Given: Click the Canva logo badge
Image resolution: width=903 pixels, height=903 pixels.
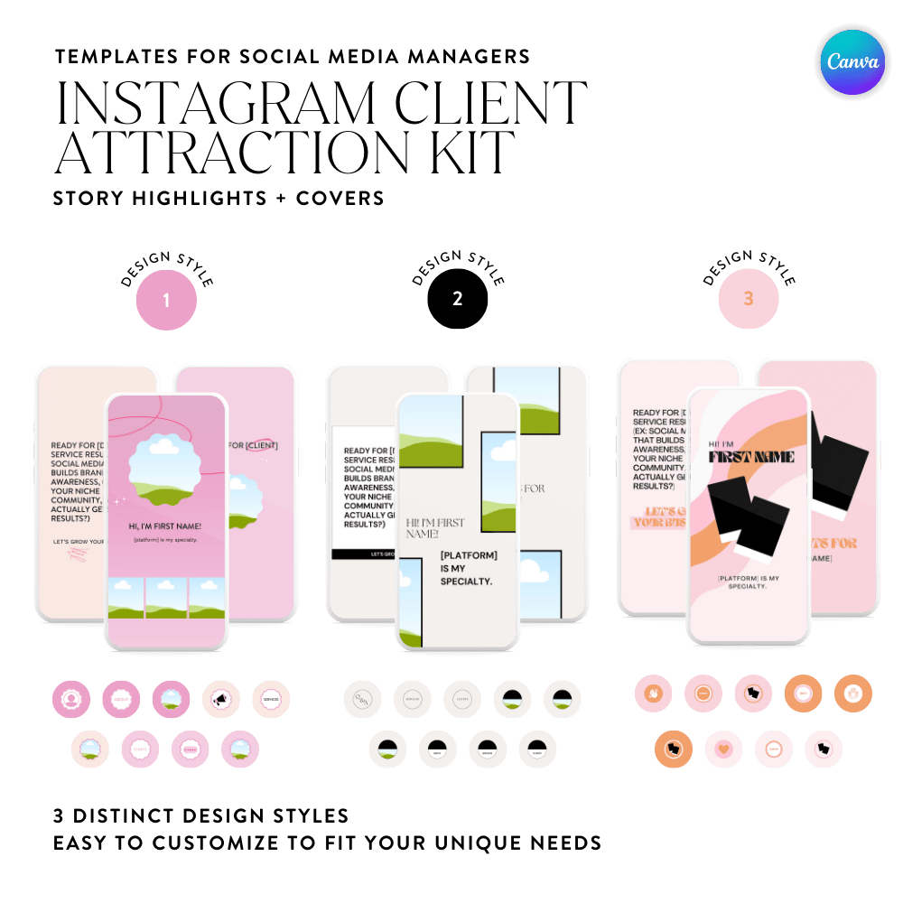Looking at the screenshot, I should pyautogui.click(x=853, y=62).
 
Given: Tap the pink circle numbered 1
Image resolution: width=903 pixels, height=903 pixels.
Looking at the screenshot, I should pyautogui.click(x=166, y=300).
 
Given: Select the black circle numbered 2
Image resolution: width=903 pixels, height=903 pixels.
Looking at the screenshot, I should pyautogui.click(x=457, y=298).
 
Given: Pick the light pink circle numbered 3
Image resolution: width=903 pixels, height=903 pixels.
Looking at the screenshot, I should pyautogui.click(x=748, y=299).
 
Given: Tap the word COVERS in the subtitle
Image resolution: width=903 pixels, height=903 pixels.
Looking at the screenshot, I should pyautogui.click(x=340, y=197).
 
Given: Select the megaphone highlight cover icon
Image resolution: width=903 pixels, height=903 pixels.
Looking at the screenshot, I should pyautogui.click(x=220, y=698).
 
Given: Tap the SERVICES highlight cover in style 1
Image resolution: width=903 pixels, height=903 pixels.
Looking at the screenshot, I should pyautogui.click(x=270, y=698).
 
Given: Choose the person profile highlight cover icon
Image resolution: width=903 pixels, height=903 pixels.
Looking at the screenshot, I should pyautogui.click(x=70, y=698).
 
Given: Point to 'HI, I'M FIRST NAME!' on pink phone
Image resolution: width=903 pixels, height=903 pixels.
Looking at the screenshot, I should pyautogui.click(x=166, y=526).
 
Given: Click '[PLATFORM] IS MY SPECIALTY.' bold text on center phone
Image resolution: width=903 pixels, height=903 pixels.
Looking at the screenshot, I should pyautogui.click(x=469, y=567).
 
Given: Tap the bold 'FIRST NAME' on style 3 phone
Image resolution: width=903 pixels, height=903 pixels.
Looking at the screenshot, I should pyautogui.click(x=751, y=457).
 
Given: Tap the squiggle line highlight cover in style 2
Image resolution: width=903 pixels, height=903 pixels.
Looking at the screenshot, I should pyautogui.click(x=362, y=698).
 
